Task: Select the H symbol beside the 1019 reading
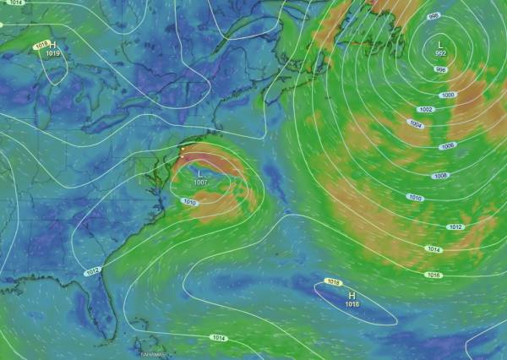coord(52,44)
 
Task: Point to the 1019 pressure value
coord(52,53)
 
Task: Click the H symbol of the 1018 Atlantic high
coord(352,295)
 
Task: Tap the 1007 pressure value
coord(200,183)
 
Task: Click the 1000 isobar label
coord(448,95)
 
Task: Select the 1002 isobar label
coord(426,110)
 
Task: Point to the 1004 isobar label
coord(415,123)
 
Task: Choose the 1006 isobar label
coord(447,146)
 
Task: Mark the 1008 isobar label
coord(440,176)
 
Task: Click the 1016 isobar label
coord(433,275)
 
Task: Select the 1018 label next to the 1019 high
coord(41,46)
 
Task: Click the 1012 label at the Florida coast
coord(93,271)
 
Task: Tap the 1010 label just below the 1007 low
coord(189,203)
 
